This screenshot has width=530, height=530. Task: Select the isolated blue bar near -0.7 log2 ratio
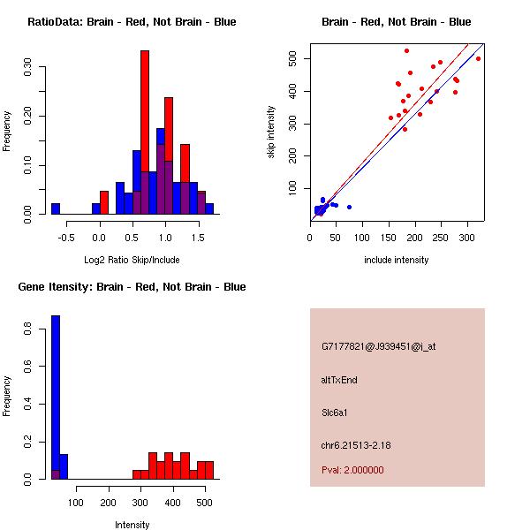click(x=56, y=208)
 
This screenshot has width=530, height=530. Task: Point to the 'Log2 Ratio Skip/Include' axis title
click(x=132, y=260)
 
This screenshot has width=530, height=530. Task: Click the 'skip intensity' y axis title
click(x=272, y=132)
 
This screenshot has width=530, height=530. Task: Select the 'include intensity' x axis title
click(x=397, y=260)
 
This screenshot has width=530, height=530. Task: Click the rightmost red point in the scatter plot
click(x=478, y=58)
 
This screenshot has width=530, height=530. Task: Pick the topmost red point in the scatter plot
click(x=406, y=50)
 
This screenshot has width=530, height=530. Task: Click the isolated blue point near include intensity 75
click(x=349, y=207)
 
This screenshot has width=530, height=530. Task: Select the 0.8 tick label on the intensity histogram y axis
click(x=28, y=328)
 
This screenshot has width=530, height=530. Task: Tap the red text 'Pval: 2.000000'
click(x=352, y=470)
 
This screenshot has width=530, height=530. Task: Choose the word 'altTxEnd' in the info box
click(x=339, y=380)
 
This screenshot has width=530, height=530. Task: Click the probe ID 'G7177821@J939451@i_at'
click(x=378, y=346)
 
